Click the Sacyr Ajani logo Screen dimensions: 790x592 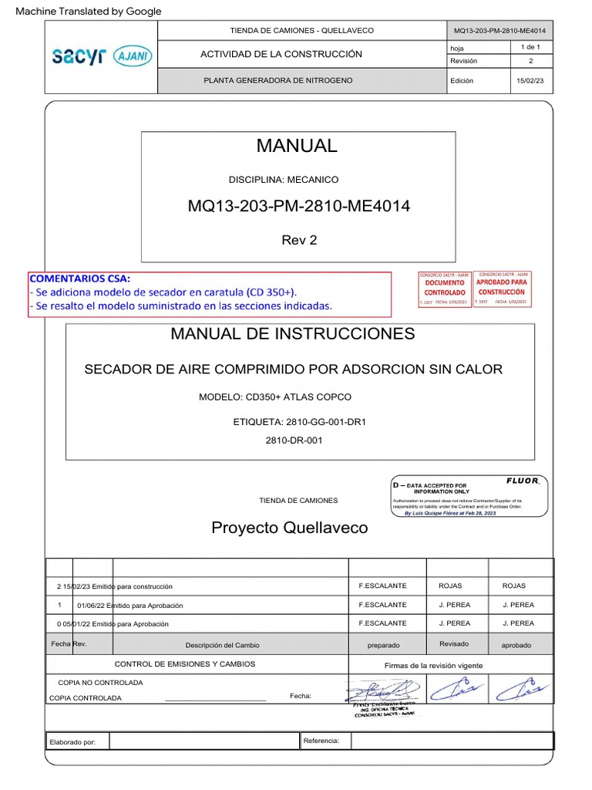pyautogui.click(x=102, y=56)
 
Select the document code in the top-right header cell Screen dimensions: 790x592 pyautogui.click(x=499, y=30)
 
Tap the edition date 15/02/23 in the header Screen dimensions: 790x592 pyautogui.click(x=530, y=81)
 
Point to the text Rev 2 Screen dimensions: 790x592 pyautogui.click(x=299, y=240)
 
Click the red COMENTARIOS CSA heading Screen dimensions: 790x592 pyautogui.click(x=80, y=279)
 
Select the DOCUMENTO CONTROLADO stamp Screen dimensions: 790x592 pyautogui.click(x=445, y=288)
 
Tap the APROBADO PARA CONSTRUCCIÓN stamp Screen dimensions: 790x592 pyautogui.click(x=502, y=287)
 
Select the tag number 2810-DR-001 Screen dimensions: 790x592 pyautogui.click(x=294, y=441)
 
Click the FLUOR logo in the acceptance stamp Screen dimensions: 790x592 pyautogui.click(x=522, y=481)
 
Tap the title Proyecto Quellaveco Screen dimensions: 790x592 pyautogui.click(x=289, y=528)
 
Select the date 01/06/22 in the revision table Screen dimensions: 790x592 pyautogui.click(x=91, y=605)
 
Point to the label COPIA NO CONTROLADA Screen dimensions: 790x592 pyautogui.click(x=100, y=683)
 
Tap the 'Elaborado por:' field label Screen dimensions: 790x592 pyautogui.click(x=72, y=741)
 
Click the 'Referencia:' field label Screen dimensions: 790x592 pyautogui.click(x=321, y=741)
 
